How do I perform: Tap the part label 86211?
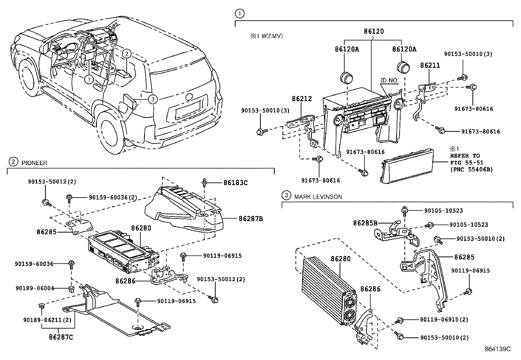click(430, 66)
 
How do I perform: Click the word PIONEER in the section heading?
click(34, 163)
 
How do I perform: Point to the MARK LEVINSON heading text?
click(318, 197)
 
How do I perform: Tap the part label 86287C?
click(61, 336)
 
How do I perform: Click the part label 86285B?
click(365, 223)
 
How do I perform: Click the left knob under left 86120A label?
click(346, 77)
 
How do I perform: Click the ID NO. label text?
click(389, 80)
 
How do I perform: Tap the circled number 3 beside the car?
click(152, 99)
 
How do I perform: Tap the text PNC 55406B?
click(471, 169)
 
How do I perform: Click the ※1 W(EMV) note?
click(266, 36)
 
